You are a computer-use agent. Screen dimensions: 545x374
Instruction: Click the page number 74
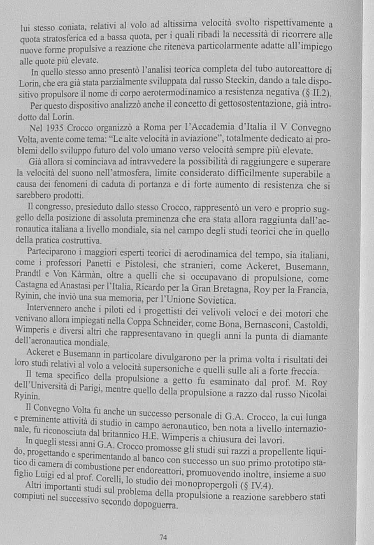click(163, 537)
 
